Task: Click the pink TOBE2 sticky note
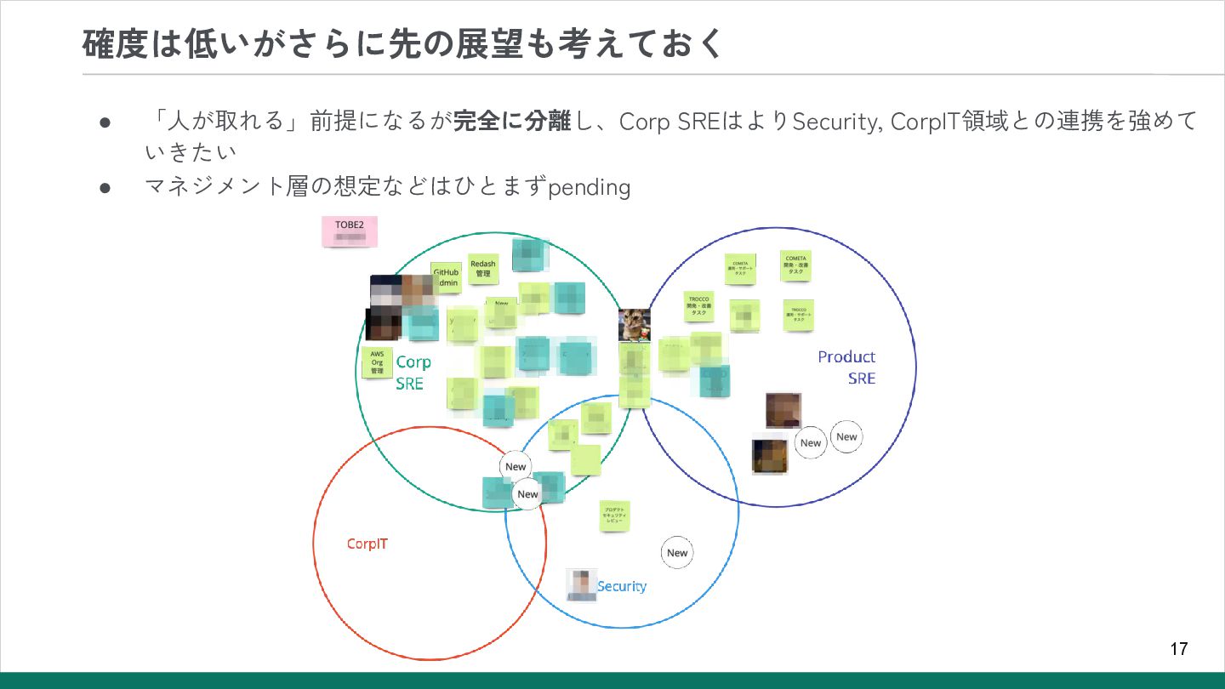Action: [349, 231]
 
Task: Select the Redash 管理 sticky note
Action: [482, 269]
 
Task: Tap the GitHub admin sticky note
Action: [446, 277]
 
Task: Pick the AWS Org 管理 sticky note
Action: [377, 362]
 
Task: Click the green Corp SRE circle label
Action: [413, 373]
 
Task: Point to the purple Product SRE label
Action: [846, 367]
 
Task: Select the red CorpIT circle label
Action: [367, 544]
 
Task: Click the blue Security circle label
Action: [622, 586]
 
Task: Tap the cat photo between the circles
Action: [635, 324]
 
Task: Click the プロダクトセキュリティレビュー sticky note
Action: [614, 515]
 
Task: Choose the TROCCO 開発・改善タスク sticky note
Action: [699, 306]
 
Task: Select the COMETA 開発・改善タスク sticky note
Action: [795, 265]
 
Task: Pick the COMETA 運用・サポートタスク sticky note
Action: [740, 269]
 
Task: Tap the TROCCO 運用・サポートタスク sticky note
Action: [798, 315]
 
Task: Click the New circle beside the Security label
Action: [677, 553]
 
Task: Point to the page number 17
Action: [1178, 649]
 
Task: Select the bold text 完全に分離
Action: [511, 122]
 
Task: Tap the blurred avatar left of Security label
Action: [582, 585]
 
